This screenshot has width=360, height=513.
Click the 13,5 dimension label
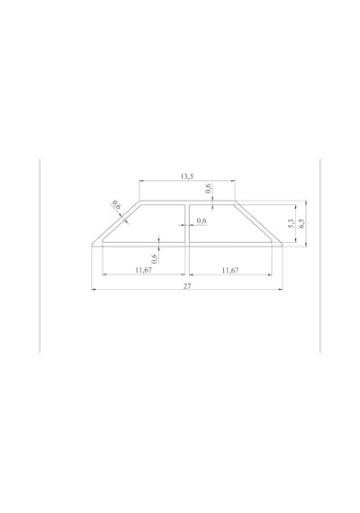coord(187,176)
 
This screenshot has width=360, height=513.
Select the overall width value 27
coord(187,286)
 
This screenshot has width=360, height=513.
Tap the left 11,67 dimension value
coord(144,270)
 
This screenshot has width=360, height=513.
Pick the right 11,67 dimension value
coord(230,270)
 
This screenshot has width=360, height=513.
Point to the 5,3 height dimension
coord(292,223)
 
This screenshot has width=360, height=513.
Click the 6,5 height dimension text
coord(301,223)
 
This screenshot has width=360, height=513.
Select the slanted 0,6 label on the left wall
coord(116,205)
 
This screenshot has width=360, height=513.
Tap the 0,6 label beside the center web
coord(202,220)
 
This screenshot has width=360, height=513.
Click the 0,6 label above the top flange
coord(209,188)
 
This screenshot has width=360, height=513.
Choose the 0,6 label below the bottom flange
coord(155,259)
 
